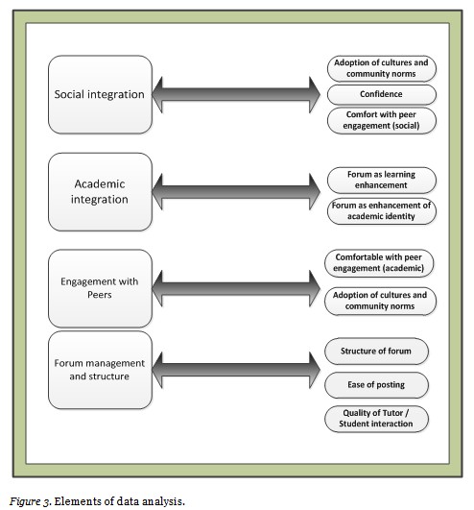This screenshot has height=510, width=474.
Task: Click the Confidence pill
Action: (381, 95)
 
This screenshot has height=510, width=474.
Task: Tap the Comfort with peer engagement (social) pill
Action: (381, 120)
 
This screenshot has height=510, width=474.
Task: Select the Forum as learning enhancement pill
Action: (381, 180)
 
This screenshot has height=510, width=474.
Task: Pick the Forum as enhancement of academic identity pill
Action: (381, 210)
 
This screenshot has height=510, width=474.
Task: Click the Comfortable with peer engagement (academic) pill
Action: (381, 263)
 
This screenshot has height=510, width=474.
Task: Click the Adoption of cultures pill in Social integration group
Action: (381, 67)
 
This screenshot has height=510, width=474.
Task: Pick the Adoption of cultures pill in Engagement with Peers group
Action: (381, 300)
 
